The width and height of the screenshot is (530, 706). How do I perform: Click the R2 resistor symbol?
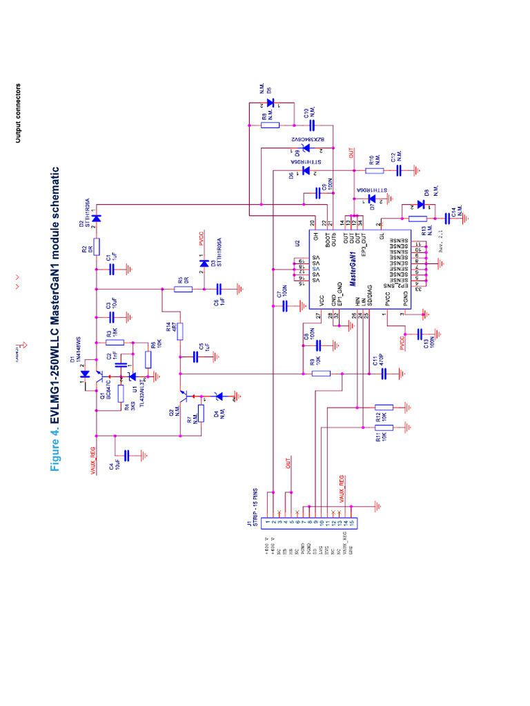pos(97,246)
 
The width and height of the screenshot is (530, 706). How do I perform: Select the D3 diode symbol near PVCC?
pos(204,263)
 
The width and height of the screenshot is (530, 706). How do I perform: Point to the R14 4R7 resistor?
pos(180,331)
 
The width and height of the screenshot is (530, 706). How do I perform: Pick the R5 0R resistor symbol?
pos(183,290)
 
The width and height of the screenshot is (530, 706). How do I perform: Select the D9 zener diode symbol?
pos(304,147)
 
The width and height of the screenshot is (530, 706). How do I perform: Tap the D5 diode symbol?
pos(270,103)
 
